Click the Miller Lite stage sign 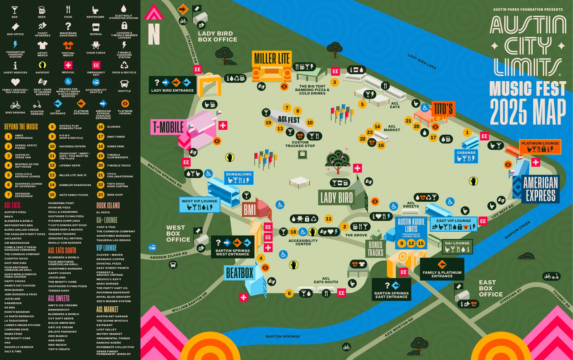tap(272, 58)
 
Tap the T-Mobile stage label tap(168, 128)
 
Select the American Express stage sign tap(540, 189)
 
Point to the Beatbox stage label tap(239, 273)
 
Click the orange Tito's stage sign tap(443, 109)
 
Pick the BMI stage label tap(249, 210)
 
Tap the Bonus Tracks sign tap(375, 249)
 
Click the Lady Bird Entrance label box tap(172, 85)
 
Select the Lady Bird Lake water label tap(422, 62)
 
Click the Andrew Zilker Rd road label tap(168, 255)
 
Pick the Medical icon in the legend tap(68, 65)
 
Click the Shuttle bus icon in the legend tap(124, 84)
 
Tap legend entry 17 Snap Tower tap(101, 137)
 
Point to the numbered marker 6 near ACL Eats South tap(289, 293)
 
